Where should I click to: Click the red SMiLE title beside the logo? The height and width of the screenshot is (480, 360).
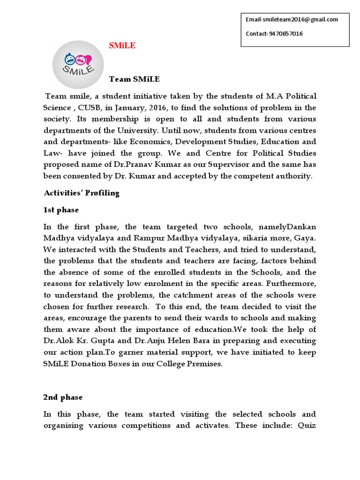click(x=122, y=46)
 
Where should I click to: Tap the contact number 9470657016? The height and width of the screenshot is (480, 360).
click(x=285, y=34)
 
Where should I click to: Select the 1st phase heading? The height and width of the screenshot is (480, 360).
click(x=61, y=210)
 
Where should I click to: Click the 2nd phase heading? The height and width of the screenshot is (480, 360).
click(x=63, y=397)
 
